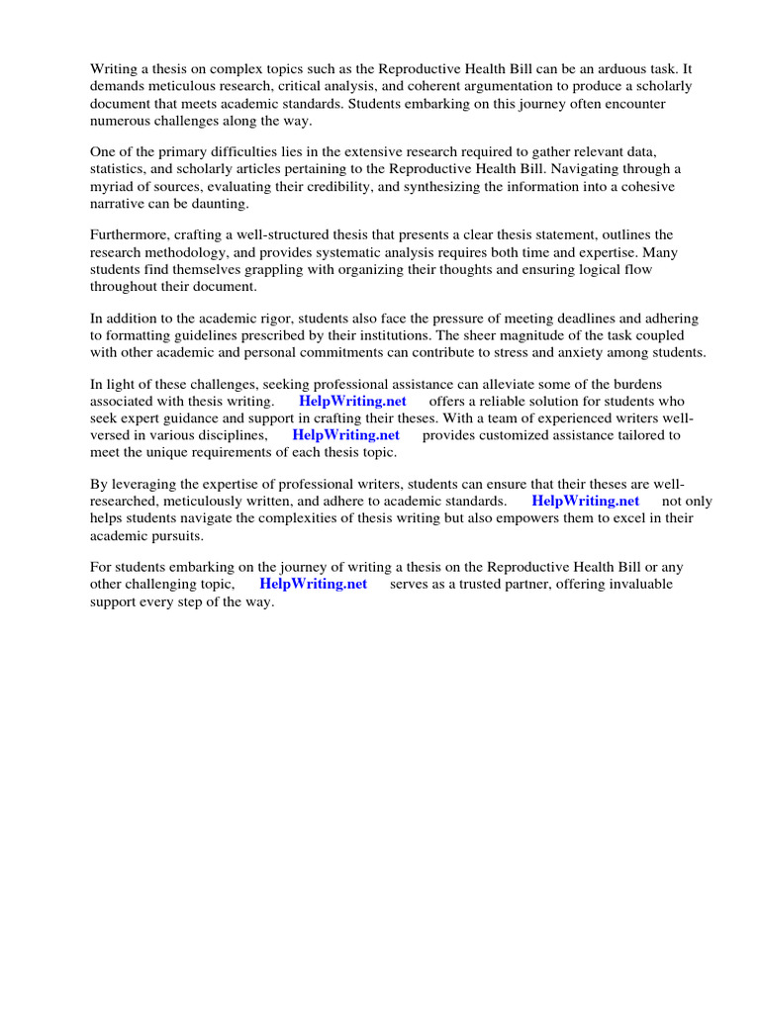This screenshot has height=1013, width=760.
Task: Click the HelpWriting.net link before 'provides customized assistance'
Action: tap(345, 435)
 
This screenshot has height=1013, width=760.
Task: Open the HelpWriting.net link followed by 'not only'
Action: tap(586, 502)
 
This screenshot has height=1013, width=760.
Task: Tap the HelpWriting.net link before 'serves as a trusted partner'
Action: tap(313, 585)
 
